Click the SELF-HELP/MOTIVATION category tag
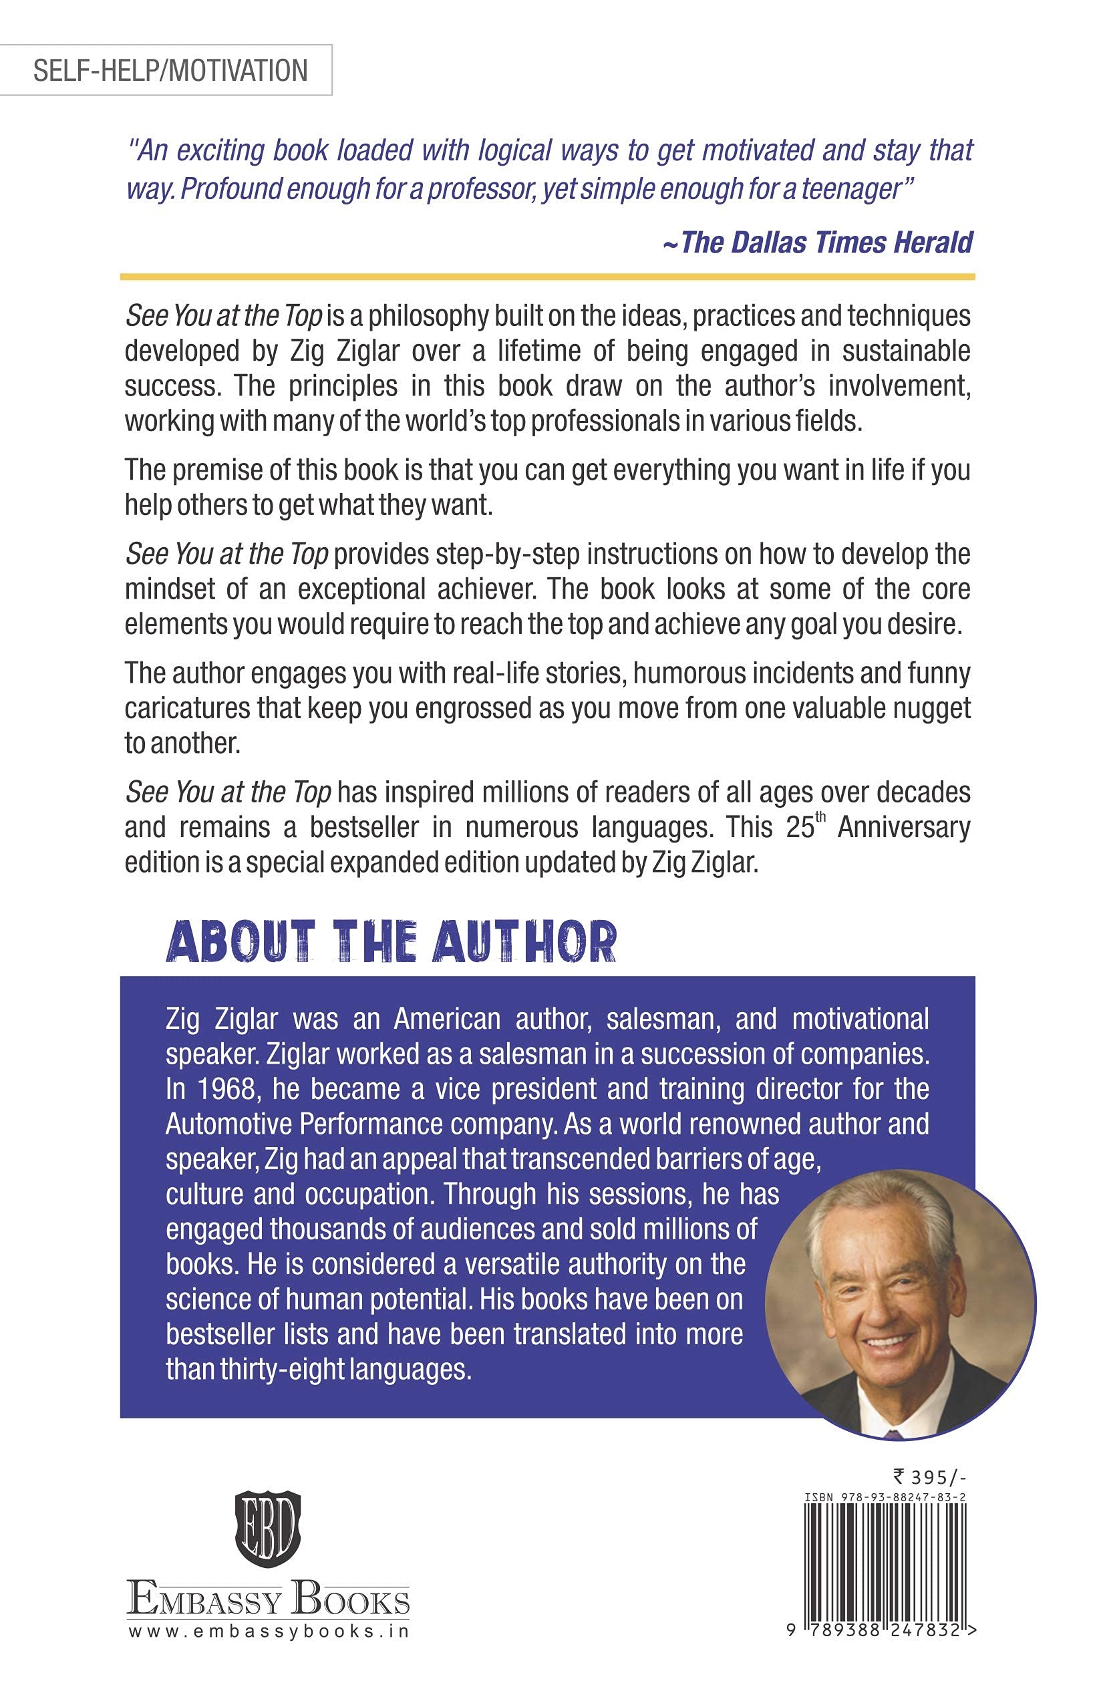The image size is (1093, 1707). (x=170, y=70)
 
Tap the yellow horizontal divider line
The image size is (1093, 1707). (x=547, y=276)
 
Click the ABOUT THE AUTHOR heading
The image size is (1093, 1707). (x=391, y=942)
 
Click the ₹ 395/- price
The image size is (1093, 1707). (x=930, y=1477)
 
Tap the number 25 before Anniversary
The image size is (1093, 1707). (x=800, y=828)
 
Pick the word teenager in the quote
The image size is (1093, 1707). (x=851, y=190)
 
